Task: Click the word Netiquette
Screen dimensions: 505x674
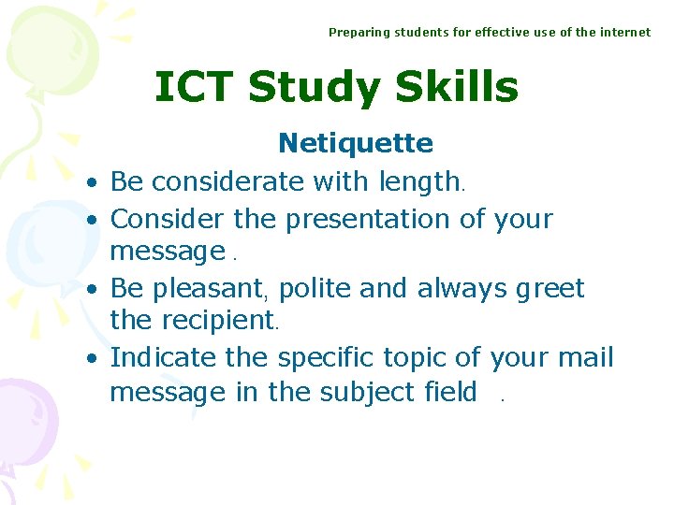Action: (x=356, y=144)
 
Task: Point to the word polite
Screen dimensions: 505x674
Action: (x=315, y=289)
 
